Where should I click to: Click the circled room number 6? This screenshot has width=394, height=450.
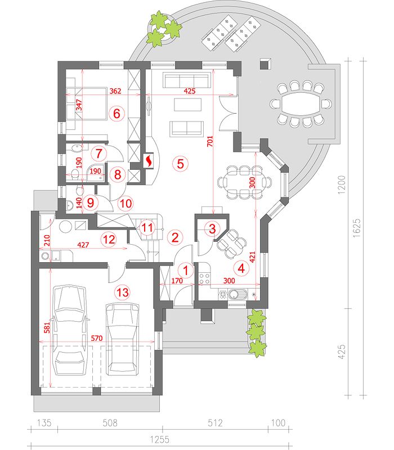(117, 114)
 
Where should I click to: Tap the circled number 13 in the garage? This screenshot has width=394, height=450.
(122, 292)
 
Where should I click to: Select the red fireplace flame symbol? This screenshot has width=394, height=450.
(149, 161)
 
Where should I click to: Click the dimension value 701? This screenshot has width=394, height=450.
(210, 141)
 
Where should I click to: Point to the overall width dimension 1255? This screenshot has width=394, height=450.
(160, 439)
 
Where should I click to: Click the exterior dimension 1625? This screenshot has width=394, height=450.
(357, 228)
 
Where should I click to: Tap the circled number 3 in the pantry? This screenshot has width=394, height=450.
(212, 229)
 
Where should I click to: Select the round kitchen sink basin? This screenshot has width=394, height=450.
(235, 294)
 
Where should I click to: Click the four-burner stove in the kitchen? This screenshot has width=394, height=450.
(204, 278)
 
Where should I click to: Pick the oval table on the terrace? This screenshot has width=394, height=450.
(301, 104)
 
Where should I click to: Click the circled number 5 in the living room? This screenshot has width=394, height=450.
(180, 164)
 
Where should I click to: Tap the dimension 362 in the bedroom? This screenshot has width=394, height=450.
(115, 91)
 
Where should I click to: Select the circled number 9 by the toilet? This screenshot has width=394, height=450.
(91, 203)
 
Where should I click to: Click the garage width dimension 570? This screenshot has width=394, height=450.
(96, 338)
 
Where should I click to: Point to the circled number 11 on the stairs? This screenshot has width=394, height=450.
(147, 228)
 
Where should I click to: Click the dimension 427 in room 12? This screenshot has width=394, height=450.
(83, 245)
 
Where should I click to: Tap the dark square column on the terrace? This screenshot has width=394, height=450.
(265, 64)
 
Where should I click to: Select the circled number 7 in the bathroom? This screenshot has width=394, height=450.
(99, 153)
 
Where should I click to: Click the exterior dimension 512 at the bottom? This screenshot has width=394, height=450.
(216, 423)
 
